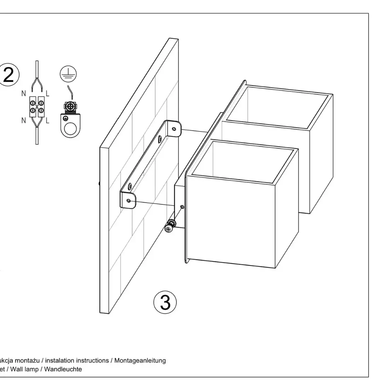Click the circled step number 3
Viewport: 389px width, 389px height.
click(x=165, y=303)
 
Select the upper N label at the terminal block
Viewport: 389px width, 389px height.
click(x=24, y=94)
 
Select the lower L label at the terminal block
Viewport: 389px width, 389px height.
click(x=47, y=121)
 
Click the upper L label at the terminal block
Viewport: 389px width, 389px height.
click(x=47, y=94)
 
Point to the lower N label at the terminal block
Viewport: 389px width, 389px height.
click(x=24, y=121)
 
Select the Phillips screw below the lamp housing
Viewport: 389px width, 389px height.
click(x=168, y=229)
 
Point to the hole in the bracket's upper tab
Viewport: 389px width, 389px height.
click(x=174, y=129)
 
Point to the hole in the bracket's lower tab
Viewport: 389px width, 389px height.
click(x=128, y=201)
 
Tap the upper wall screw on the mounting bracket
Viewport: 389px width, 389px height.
click(x=161, y=139)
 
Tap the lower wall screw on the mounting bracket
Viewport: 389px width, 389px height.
click(x=130, y=185)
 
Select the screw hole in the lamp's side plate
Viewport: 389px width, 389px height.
click(x=182, y=207)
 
